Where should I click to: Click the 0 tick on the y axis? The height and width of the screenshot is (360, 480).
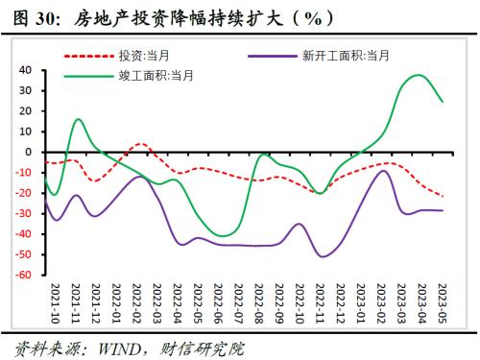tap(32, 152)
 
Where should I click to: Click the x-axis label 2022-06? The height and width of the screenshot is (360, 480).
tap(221, 300)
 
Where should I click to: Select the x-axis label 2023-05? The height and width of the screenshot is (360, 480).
tap(442, 300)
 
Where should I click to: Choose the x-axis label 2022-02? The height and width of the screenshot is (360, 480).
tap(139, 300)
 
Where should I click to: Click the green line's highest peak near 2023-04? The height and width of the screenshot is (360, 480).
tap(418, 75)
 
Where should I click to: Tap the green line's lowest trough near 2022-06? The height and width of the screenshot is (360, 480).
tap(223, 235)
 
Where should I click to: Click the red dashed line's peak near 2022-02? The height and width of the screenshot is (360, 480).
tap(140, 144)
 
